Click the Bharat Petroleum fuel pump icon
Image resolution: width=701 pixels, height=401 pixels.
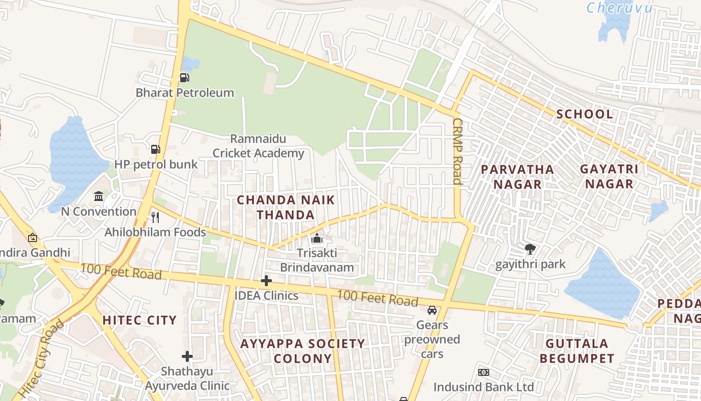click(x=184, y=78)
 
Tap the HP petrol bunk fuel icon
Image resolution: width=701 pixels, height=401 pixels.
click(x=156, y=149)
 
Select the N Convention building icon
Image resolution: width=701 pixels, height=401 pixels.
click(x=99, y=196)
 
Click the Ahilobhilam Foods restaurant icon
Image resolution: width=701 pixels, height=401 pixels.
click(x=155, y=217)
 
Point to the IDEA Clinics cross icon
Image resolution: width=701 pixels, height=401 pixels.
click(x=266, y=281)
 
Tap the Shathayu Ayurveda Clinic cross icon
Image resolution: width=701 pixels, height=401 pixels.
click(x=187, y=356)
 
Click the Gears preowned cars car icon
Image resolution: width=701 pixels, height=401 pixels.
click(x=432, y=310)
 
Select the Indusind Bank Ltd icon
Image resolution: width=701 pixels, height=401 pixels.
click(x=483, y=372)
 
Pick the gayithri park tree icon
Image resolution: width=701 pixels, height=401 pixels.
click(x=530, y=249)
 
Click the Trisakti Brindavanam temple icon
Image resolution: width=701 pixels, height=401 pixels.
click(x=316, y=238)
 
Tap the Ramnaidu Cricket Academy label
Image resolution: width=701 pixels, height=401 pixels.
click(x=258, y=146)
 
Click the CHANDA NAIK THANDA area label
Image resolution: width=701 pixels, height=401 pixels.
click(x=286, y=208)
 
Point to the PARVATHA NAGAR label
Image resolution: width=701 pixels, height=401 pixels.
click(x=517, y=177)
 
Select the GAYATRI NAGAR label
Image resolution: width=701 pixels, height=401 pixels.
click(x=609, y=176)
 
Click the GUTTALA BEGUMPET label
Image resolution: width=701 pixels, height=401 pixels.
click(x=577, y=351)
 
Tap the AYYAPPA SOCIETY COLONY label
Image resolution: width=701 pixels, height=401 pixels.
click(x=302, y=351)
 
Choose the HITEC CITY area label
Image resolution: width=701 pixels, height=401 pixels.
click(x=140, y=320)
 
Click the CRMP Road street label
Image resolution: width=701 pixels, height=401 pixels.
click(x=457, y=151)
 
